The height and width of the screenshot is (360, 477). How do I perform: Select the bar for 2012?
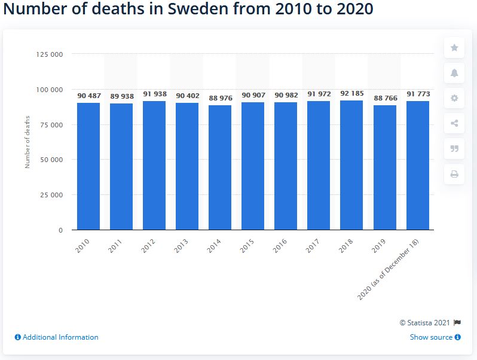pos(154,165)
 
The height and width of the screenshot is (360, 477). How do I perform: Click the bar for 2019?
pos(385,167)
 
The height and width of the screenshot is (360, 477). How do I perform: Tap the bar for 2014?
pos(220,167)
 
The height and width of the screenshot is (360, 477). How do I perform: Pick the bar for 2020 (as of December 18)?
pos(418,165)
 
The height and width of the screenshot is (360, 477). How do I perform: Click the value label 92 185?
pos(352,93)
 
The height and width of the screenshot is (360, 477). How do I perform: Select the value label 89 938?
pos(121,96)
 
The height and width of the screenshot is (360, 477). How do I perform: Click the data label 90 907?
pos(253,95)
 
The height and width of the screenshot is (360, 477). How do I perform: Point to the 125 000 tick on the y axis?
pos(50,54)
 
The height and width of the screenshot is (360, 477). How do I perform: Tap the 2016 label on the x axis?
pos(280,245)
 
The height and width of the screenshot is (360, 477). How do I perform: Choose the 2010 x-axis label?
pos(83,245)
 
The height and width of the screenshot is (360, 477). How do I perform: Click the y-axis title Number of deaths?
pos(27,142)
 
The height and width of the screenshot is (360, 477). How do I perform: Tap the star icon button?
pos(454,48)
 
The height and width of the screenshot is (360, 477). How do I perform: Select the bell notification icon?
pos(454,73)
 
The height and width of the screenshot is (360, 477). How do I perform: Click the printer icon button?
pos(454,174)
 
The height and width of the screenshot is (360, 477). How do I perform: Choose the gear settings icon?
pos(454,98)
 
